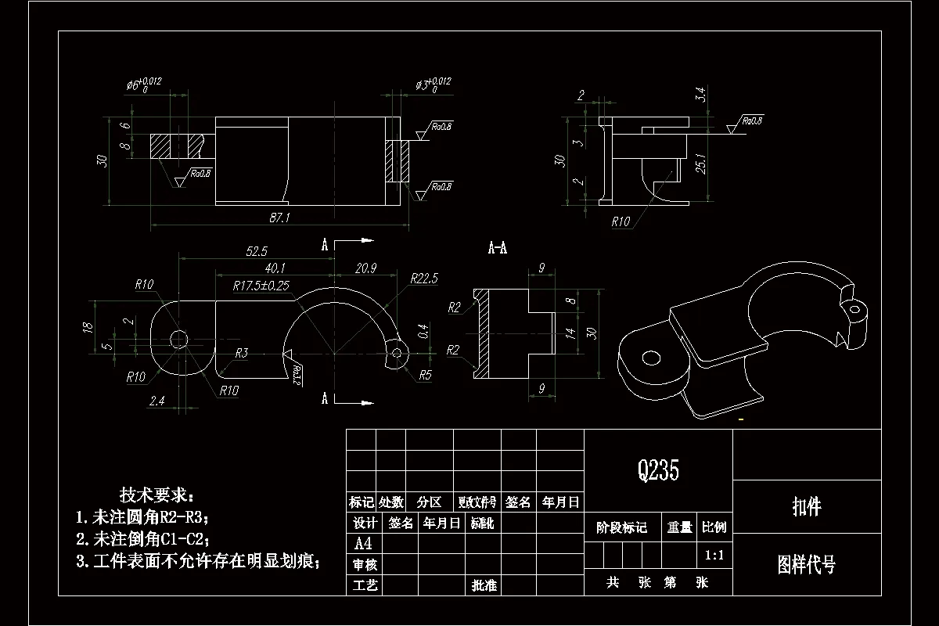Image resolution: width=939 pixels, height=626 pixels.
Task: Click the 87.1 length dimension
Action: [279, 218]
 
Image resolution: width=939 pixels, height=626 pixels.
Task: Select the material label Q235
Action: [658, 470]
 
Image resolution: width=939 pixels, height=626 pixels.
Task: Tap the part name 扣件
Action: [807, 507]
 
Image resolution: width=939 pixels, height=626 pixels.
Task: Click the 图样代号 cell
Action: [806, 564]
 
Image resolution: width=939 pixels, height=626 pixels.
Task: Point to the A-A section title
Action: [498, 248]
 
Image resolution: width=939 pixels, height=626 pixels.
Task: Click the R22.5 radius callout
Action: [424, 279]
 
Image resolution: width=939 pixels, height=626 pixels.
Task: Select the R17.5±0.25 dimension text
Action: [261, 286]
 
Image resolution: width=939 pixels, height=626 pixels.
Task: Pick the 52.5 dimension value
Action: [257, 251]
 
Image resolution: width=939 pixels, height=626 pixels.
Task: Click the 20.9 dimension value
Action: [365, 268]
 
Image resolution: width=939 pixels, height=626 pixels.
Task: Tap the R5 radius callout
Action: [425, 374]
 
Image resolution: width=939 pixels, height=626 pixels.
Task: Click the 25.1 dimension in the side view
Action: [701, 165]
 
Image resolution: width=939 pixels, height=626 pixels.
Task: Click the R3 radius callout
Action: [241, 354]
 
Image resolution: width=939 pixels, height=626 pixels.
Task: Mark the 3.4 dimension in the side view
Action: [701, 95]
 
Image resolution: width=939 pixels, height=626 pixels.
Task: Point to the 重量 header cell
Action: [679, 527]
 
